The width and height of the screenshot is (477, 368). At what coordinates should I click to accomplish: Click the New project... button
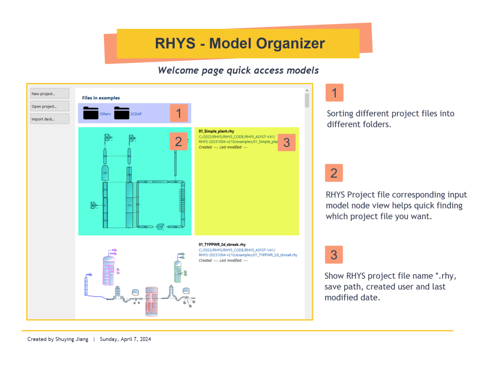click(49, 94)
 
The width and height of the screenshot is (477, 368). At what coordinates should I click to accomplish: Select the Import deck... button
click(49, 119)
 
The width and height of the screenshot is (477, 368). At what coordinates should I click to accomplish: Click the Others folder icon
click(91, 113)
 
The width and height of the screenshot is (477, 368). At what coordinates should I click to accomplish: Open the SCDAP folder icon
click(122, 113)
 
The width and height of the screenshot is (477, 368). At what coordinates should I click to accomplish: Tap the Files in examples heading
click(101, 98)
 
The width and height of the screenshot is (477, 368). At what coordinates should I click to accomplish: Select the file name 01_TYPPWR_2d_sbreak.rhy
click(222, 244)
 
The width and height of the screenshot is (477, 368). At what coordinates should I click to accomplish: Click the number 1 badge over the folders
click(178, 113)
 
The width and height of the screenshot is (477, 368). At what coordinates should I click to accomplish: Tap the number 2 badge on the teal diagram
click(178, 140)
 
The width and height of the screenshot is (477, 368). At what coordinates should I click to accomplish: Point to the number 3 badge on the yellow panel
click(286, 143)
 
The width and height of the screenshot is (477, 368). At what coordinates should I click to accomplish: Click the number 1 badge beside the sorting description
click(334, 92)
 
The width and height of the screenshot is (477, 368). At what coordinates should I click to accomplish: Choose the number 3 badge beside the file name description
click(334, 254)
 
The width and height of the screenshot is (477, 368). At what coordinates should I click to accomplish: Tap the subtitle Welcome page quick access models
click(238, 70)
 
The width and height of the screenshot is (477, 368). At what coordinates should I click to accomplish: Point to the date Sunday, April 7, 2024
click(125, 339)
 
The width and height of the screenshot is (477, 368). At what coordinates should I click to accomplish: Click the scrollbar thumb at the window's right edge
click(307, 100)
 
